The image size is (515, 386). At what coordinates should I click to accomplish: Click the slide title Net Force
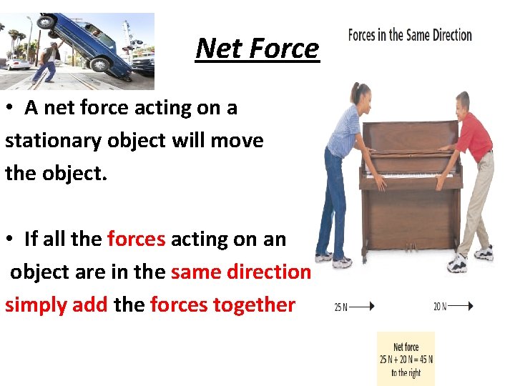pos(257,49)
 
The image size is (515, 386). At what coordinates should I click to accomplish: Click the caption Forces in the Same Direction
pos(410,35)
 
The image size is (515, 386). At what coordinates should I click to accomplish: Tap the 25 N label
pos(340,307)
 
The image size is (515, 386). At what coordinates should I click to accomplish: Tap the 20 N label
pos(439,307)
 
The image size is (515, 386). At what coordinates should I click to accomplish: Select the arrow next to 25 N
pos(362,307)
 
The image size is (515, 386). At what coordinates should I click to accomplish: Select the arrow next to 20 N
pos(461,307)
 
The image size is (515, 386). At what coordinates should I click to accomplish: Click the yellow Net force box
pos(406,359)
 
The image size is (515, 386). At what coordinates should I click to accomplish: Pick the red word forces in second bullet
pos(136,239)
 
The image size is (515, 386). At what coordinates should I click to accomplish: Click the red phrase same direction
pos(241,272)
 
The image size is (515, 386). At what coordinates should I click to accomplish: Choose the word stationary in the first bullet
pos(50,141)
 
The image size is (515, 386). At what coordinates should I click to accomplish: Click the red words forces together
pos(222,305)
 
